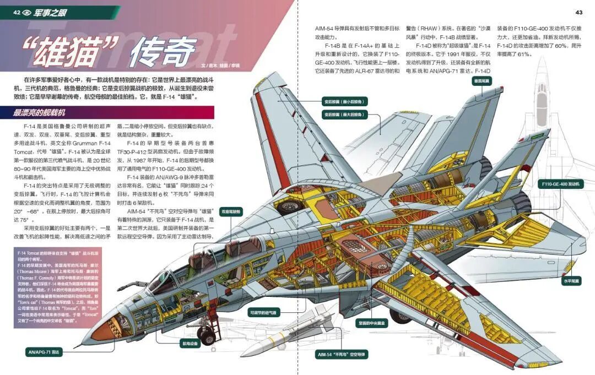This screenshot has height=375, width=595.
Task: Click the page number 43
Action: [x=578, y=13]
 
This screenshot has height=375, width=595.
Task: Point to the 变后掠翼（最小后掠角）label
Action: [x=345, y=102]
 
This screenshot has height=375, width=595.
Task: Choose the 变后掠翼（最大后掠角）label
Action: [x=345, y=115]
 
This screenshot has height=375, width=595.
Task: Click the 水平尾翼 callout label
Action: [x=571, y=281]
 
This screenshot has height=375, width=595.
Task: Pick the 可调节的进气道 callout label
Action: [x=264, y=313]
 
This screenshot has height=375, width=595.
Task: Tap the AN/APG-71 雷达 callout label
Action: [x=44, y=351]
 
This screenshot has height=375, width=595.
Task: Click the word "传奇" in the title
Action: [x=162, y=53]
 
